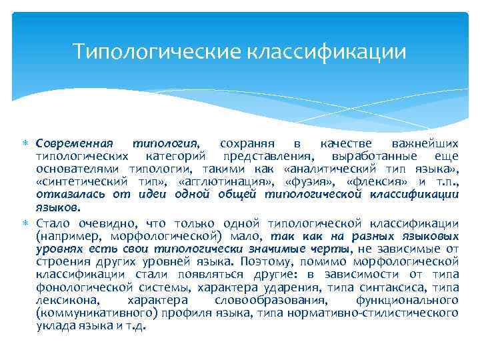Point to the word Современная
click(x=75, y=143)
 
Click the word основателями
click(x=71, y=169)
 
